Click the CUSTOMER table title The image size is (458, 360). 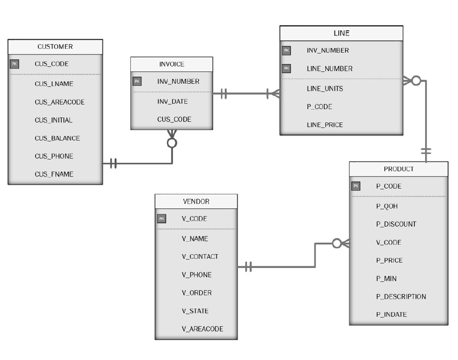[55, 47]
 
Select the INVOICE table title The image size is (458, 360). [171, 64]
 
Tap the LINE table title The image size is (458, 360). [341, 33]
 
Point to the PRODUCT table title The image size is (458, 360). [398, 169]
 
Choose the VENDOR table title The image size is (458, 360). [196, 201]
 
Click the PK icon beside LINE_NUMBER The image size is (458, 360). [286, 68]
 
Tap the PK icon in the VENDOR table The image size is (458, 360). [161, 219]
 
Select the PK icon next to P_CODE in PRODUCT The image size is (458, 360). [356, 186]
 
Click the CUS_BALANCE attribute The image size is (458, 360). [57, 138]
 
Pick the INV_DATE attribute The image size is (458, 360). [172, 101]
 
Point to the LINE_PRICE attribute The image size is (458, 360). [325, 124]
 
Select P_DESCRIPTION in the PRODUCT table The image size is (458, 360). [401, 296]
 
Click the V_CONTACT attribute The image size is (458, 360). [200, 256]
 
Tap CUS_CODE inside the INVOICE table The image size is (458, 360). [174, 119]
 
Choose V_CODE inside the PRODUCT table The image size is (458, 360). [389, 242]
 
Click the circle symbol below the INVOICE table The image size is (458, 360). [172, 142]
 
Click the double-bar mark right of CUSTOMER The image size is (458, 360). [114, 164]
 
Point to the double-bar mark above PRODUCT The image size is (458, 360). [426, 152]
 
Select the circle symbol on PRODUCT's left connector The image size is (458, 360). [337, 243]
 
